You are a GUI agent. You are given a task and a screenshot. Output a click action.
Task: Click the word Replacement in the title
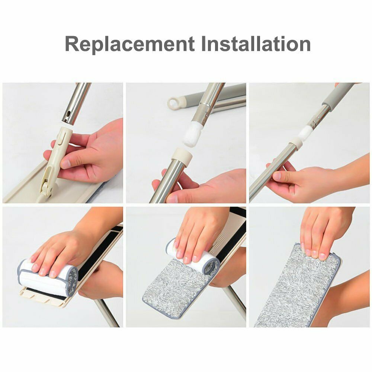pos(130,44)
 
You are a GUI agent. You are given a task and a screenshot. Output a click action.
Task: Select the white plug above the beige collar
pos(192,134)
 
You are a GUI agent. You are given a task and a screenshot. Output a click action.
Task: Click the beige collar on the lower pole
pos(182,156)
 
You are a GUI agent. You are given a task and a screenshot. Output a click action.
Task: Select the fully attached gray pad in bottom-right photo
pos(298,285)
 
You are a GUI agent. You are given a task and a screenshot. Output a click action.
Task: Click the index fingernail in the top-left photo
pos(66,163)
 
